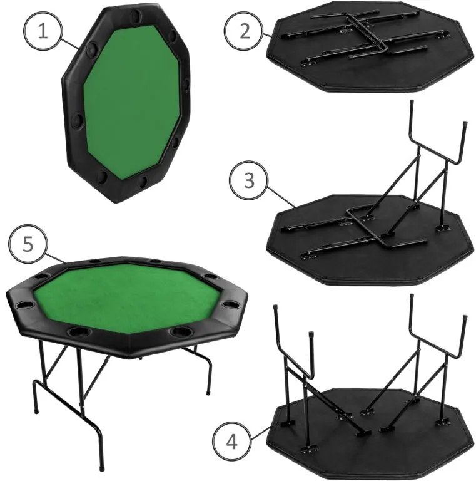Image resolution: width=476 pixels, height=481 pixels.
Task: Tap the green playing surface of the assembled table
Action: click(x=125, y=292)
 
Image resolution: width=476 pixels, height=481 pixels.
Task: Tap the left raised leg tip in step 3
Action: click(x=410, y=103)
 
